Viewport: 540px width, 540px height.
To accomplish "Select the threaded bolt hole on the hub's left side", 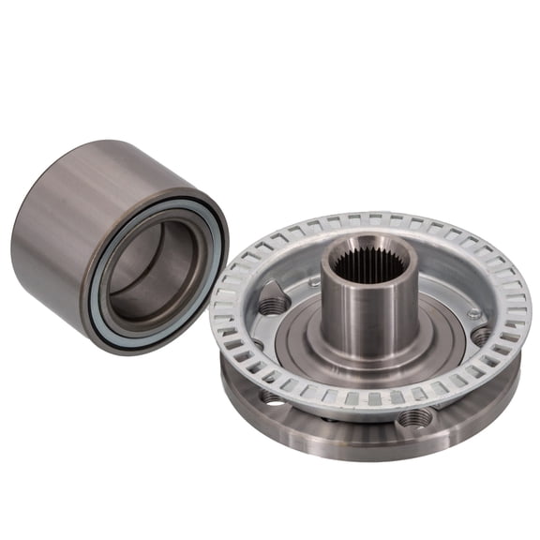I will [274, 302].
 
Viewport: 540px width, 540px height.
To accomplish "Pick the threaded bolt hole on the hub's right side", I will [481, 335].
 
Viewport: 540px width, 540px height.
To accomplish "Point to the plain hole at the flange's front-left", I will [273, 397].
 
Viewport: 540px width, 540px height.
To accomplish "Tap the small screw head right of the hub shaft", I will [476, 313].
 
